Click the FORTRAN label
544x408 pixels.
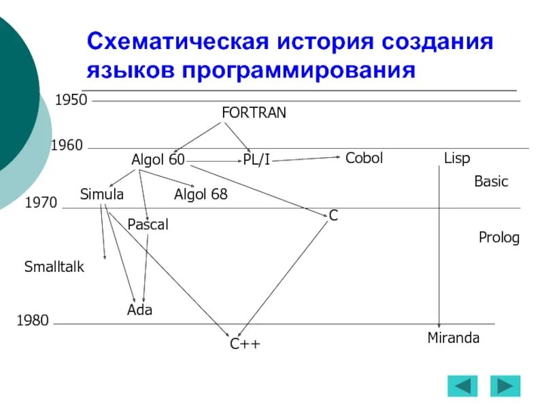pyautogui.click(x=254, y=113)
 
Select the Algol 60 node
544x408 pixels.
pyautogui.click(x=158, y=160)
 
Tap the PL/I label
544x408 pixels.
pyautogui.click(x=256, y=160)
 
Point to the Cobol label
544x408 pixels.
pyautogui.click(x=364, y=158)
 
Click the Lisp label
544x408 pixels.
pyautogui.click(x=457, y=158)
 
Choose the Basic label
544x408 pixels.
pyautogui.click(x=491, y=182)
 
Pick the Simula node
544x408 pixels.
pyautogui.click(x=102, y=194)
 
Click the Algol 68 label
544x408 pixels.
pyautogui.click(x=201, y=195)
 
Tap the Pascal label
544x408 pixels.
pyautogui.click(x=148, y=224)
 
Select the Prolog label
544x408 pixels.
pyautogui.click(x=499, y=238)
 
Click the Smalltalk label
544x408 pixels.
pyautogui.click(x=54, y=267)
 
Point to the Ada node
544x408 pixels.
pyautogui.click(x=139, y=310)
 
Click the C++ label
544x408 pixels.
pyautogui.click(x=245, y=345)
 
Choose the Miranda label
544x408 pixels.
pyautogui.click(x=454, y=338)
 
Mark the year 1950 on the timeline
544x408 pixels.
pyautogui.click(x=71, y=101)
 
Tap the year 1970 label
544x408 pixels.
pyautogui.click(x=41, y=203)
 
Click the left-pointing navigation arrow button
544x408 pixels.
pyautogui.click(x=462, y=386)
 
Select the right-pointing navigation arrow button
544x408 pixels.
pyautogui.click(x=505, y=386)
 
